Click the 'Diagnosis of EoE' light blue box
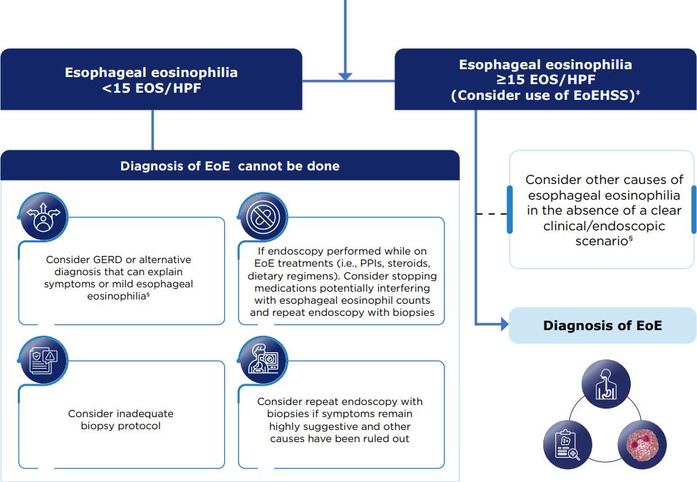[x=602, y=326]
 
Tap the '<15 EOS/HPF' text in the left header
[x=151, y=88]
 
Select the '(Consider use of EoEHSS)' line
[x=543, y=95]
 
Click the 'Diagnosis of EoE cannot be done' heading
[x=229, y=166]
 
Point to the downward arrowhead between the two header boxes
[x=345, y=75]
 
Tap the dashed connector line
[x=491, y=213]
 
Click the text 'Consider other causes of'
[x=604, y=180]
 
